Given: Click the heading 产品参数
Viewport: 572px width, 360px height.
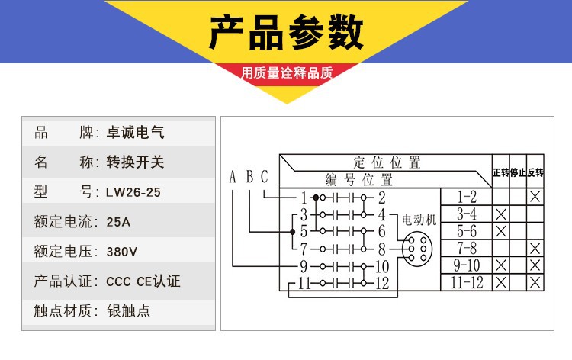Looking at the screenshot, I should coord(286,32).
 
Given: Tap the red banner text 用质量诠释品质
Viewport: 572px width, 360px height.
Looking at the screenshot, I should coord(287,74).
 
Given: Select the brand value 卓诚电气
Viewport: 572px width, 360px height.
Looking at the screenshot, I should coord(135,133).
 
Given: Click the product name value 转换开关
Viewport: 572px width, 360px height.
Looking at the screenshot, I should coord(135,162).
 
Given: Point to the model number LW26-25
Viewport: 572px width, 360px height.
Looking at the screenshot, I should coord(133,192).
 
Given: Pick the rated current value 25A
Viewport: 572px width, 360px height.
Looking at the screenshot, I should coord(120,222).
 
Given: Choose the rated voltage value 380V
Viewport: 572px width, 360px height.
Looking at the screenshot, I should coord(122,251).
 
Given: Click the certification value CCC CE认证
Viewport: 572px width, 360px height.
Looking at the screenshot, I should coord(143,281).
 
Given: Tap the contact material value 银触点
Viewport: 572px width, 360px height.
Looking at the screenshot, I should coord(130,310).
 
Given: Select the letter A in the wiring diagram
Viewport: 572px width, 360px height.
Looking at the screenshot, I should coord(233,178).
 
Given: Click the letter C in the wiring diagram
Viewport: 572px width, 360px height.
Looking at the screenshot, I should coord(264,178).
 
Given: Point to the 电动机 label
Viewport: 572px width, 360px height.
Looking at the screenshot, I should coord(419,219).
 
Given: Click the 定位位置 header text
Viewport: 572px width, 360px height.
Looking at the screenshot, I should coord(387,162).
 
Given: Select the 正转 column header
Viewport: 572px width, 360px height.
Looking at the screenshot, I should coord(500,172).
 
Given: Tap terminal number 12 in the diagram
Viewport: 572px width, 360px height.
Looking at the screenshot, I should coord(382,283).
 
